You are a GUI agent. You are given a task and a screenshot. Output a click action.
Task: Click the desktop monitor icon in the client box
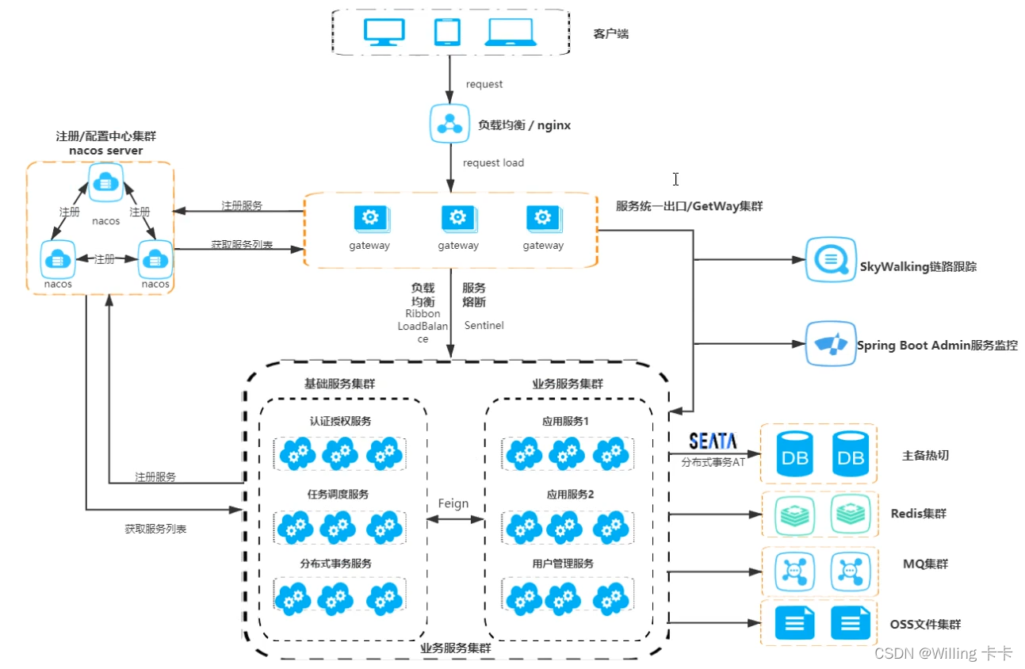coord(383,32)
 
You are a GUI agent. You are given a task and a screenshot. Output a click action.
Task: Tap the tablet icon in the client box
coord(447,32)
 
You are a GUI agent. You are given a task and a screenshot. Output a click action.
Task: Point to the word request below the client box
coord(484,84)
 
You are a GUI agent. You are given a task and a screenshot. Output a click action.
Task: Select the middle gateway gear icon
coord(457,218)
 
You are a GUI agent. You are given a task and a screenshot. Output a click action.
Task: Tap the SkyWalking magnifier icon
coord(831,259)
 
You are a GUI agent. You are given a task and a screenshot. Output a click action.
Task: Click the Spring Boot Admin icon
coord(831,344)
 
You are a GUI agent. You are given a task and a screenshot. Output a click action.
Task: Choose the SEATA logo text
coord(713,442)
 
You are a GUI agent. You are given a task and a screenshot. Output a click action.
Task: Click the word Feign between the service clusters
coord(453,503)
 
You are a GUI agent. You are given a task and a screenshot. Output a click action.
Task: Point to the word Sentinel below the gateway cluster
coord(484,325)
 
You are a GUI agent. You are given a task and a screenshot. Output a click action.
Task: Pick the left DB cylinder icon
coord(795,454)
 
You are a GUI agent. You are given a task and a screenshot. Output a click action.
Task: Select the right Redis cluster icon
coord(850,514)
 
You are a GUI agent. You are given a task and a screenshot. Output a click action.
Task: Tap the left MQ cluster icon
coord(794,571)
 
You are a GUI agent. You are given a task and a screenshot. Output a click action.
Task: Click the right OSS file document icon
coord(850,623)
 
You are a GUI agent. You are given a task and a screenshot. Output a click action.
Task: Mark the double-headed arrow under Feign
coord(455,520)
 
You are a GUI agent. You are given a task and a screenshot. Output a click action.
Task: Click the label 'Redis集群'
coord(918,514)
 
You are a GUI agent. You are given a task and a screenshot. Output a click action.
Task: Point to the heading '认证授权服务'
coord(340,421)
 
